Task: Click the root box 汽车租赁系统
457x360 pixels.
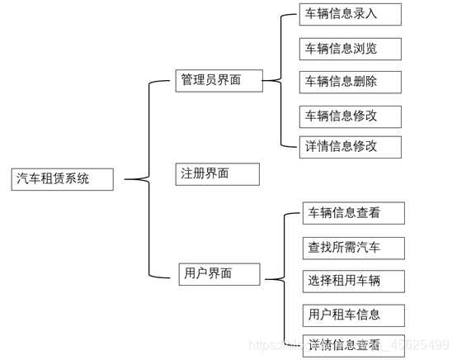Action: pyautogui.click(x=63, y=179)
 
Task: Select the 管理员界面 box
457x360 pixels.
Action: pyautogui.click(x=219, y=80)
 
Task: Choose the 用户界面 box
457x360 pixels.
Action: pyautogui.click(x=219, y=273)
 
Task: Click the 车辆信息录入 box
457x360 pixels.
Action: pyautogui.click(x=350, y=14)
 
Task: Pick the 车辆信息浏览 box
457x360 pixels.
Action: pyautogui.click(x=350, y=48)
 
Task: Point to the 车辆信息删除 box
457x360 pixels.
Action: pyautogui.click(x=350, y=81)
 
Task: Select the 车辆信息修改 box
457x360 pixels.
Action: pyautogui.click(x=350, y=115)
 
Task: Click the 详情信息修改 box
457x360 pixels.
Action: pyautogui.click(x=350, y=147)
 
